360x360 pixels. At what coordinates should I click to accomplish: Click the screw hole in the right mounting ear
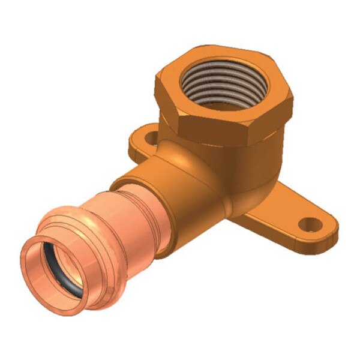click(312, 226)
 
